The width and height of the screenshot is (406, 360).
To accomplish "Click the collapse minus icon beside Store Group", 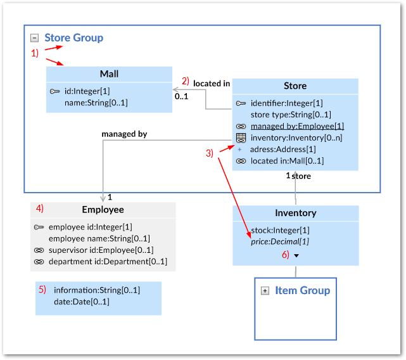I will [35, 38].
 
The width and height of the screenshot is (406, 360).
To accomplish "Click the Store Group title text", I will [73, 38].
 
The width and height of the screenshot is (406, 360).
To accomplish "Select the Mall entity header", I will [109, 74].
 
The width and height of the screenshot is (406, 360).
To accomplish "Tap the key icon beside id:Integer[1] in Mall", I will [54, 91].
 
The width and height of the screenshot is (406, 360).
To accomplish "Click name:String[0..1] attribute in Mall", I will [96, 102].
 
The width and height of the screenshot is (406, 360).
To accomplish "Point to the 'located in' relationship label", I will [212, 84].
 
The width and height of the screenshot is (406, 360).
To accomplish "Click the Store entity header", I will [295, 86].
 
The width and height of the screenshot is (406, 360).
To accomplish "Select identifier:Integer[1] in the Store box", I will [286, 103].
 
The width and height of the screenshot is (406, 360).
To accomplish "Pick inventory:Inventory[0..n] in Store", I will [296, 138].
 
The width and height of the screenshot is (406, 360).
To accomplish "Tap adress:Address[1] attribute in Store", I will [283, 150].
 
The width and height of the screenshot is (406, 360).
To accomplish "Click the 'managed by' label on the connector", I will [124, 134].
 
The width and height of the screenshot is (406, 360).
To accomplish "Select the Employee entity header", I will [103, 210].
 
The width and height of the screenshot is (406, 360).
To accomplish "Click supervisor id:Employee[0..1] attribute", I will [101, 250].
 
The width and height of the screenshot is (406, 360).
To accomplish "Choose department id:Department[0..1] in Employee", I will [108, 261].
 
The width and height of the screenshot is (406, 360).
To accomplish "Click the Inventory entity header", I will [295, 213].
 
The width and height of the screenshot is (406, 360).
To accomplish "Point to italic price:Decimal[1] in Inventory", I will [279, 241].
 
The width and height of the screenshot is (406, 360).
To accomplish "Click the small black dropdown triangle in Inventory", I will [296, 255].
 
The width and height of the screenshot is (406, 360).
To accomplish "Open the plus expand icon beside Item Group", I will [265, 291].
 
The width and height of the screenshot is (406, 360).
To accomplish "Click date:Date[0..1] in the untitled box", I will [82, 302].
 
